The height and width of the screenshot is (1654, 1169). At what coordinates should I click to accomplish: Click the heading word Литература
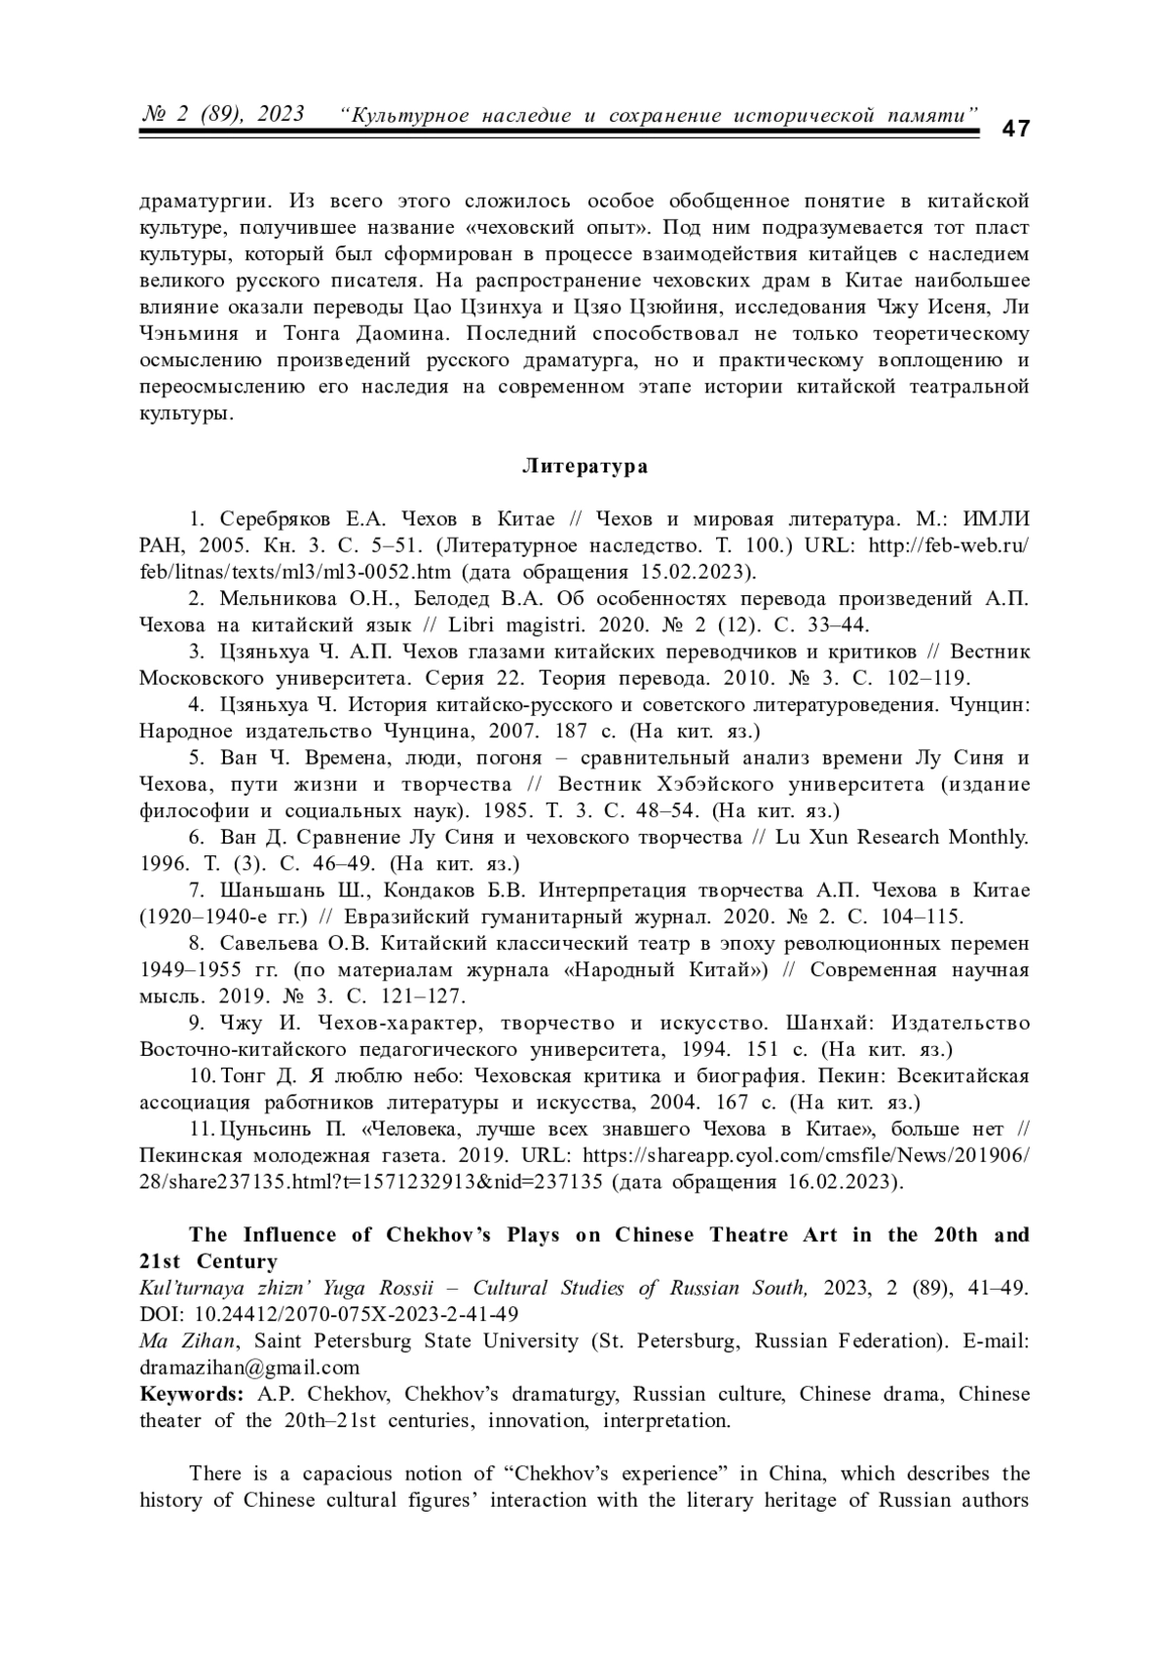click(x=584, y=466)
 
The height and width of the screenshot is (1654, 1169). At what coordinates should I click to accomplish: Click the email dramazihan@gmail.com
click(x=249, y=1368)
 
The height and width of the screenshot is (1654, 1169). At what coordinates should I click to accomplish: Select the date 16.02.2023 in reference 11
click(x=846, y=1183)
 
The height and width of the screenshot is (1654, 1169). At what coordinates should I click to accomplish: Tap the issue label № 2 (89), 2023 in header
click(x=223, y=114)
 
